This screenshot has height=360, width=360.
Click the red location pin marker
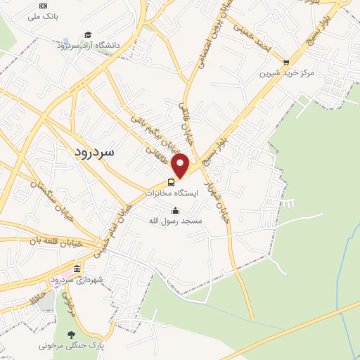(x=181, y=165)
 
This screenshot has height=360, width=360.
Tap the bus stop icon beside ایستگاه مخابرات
(x=171, y=183)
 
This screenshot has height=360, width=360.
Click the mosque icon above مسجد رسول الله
(x=175, y=210)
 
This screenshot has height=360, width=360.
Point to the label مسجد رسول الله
(x=175, y=221)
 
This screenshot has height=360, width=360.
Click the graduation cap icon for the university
(x=88, y=34)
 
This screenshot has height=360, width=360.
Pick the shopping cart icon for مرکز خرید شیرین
(x=285, y=62)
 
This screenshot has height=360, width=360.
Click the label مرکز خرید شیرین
(x=285, y=72)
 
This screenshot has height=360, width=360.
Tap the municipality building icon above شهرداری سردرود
(x=77, y=269)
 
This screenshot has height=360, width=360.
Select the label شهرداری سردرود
(x=77, y=280)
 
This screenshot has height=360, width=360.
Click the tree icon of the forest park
(x=70, y=335)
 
